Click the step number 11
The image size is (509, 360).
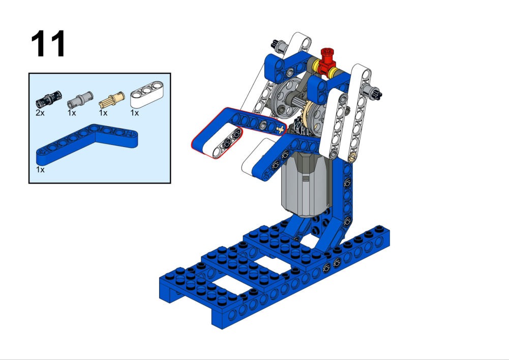pyautogui.click(x=48, y=43)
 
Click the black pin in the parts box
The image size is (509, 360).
pyautogui.click(x=48, y=99)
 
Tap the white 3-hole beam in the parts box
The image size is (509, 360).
pyautogui.click(x=147, y=94)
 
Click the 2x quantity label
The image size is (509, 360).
pyautogui.click(x=40, y=113)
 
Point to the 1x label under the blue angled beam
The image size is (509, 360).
pyautogui.click(x=40, y=170)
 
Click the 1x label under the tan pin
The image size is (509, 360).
pyautogui.click(x=103, y=113)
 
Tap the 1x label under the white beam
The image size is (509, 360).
pyautogui.click(x=135, y=113)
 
